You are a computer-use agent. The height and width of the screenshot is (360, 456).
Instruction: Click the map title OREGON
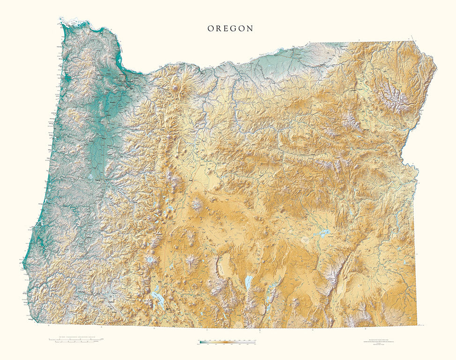pos(231,29)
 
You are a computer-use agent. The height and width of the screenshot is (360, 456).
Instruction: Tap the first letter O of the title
pos(211,29)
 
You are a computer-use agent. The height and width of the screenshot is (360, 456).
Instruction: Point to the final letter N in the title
pos(250,29)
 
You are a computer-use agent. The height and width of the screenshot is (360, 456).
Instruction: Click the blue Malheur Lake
pos(322,232)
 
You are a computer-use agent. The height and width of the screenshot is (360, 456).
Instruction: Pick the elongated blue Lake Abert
pos(247,281)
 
